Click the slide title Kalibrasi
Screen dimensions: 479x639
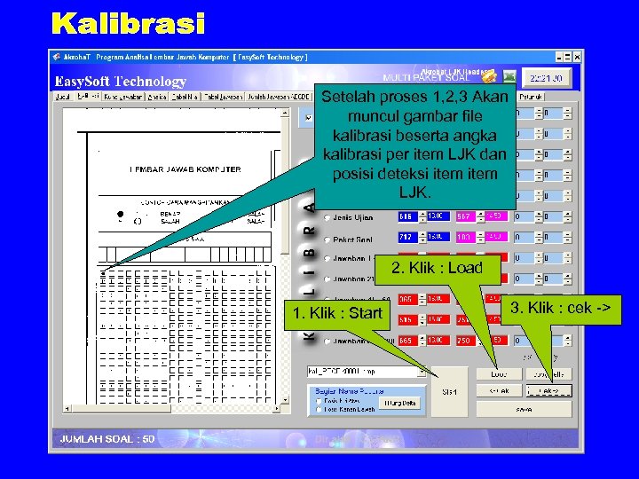(x=128, y=24)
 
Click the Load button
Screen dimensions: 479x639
(x=499, y=374)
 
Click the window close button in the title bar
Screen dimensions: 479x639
(x=577, y=56)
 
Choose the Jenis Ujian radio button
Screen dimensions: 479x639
(x=327, y=216)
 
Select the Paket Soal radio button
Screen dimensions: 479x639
(x=327, y=239)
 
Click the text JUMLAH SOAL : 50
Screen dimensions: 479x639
(x=106, y=438)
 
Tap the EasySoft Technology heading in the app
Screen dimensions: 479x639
(x=121, y=82)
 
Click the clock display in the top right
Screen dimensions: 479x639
(x=547, y=78)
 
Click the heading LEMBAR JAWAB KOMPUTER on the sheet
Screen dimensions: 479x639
(x=185, y=169)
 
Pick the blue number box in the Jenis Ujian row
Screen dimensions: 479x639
(x=407, y=216)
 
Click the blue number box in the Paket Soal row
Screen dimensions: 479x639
(x=407, y=238)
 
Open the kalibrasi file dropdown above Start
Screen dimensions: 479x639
(x=366, y=372)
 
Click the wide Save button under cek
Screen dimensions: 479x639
(x=523, y=409)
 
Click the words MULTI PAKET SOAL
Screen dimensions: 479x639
(x=425, y=78)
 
